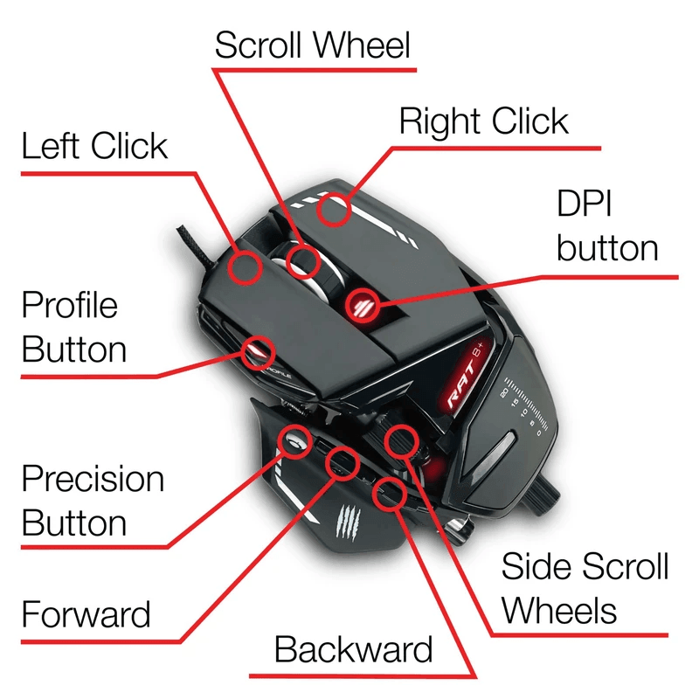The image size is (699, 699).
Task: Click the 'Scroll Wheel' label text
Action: [x=312, y=45]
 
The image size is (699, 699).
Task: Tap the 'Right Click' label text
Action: [x=483, y=121]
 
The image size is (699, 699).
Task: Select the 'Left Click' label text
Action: [x=94, y=146]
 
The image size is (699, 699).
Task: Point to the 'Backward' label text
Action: [x=353, y=650]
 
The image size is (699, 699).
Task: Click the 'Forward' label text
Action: [x=86, y=615]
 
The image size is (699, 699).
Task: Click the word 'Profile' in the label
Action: [x=70, y=305]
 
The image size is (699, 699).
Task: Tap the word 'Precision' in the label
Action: [x=93, y=479]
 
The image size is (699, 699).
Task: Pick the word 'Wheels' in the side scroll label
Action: [x=558, y=610]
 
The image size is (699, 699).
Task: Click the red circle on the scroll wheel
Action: [x=303, y=260]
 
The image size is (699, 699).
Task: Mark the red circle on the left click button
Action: [x=246, y=266]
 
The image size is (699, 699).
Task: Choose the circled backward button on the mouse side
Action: [x=388, y=494]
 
